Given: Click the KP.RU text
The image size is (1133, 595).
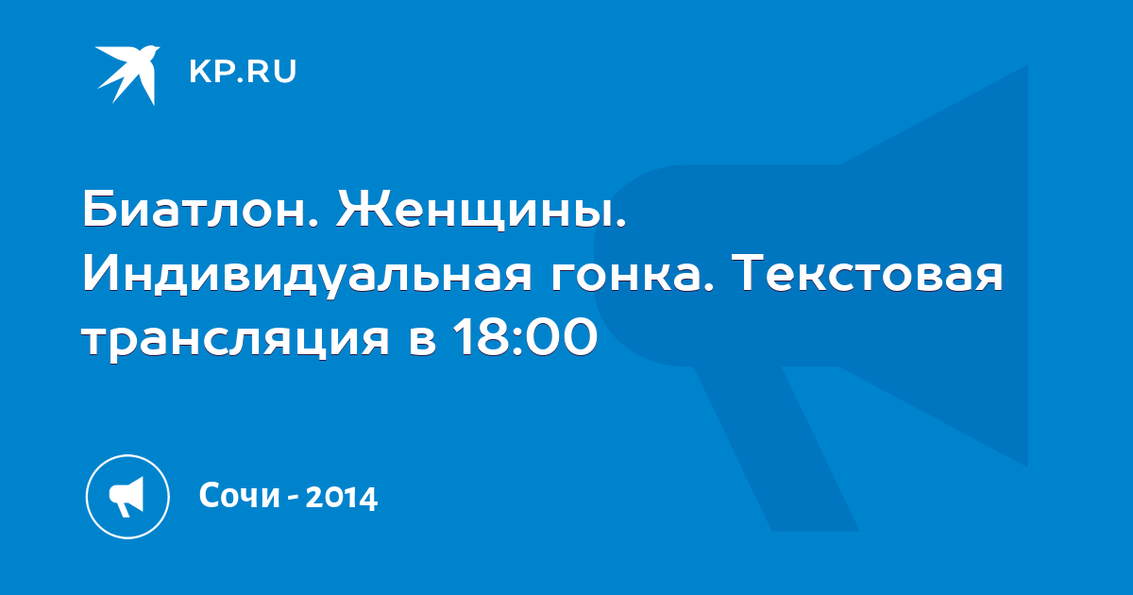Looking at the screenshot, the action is pos(243,72).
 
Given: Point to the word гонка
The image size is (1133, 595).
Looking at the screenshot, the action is pos(632,278).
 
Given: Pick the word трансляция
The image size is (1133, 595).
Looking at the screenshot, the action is pos(236,341).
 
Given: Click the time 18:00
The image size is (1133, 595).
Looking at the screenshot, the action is pos(526,337).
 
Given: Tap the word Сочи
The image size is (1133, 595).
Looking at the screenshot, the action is pos(240,495).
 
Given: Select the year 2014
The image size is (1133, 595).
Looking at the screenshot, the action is pos(342,498).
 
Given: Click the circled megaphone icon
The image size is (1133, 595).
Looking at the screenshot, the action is pos(127,497).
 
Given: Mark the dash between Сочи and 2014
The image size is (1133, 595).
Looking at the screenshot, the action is pos(293,499).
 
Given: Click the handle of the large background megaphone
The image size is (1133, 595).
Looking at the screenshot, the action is pos(776,448).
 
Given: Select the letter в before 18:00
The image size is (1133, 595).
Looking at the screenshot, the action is pos(422,342).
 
